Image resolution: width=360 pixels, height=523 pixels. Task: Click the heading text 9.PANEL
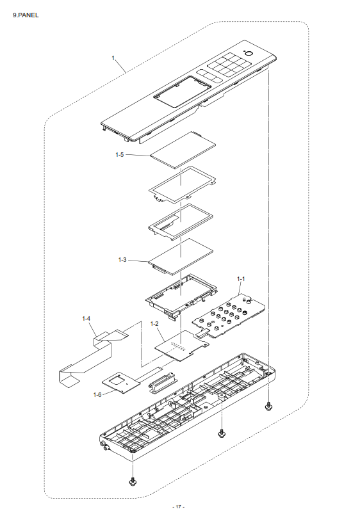pos(26,15)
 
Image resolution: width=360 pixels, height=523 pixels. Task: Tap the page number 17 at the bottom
pos(179,506)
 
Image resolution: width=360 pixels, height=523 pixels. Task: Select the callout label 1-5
pos(119,154)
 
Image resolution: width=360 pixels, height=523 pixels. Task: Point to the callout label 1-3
pos(122,259)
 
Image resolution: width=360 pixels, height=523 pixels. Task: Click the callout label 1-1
pos(241,279)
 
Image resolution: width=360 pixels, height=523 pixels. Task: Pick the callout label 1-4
pos(86,319)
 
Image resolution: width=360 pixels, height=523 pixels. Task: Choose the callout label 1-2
pos(154,323)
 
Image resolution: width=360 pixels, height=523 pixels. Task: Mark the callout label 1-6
pos(97,395)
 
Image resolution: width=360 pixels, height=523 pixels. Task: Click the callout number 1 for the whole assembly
pos(113,58)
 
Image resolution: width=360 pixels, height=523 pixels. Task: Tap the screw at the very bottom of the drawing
pos(133,482)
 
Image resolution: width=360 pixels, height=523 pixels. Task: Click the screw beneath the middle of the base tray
pos(221,433)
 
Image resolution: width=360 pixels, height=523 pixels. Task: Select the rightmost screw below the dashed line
pos(268,406)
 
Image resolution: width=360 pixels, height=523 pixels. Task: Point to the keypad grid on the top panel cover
pos(229,64)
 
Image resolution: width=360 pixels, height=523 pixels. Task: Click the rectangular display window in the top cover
pos(183,92)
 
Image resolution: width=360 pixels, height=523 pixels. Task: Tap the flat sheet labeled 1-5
pos(183,149)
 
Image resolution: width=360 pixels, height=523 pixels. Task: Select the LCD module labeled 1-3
pos(181,257)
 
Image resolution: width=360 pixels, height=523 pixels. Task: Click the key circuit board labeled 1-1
pos(229,316)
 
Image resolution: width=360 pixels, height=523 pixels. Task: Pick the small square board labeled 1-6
pos(121,382)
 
